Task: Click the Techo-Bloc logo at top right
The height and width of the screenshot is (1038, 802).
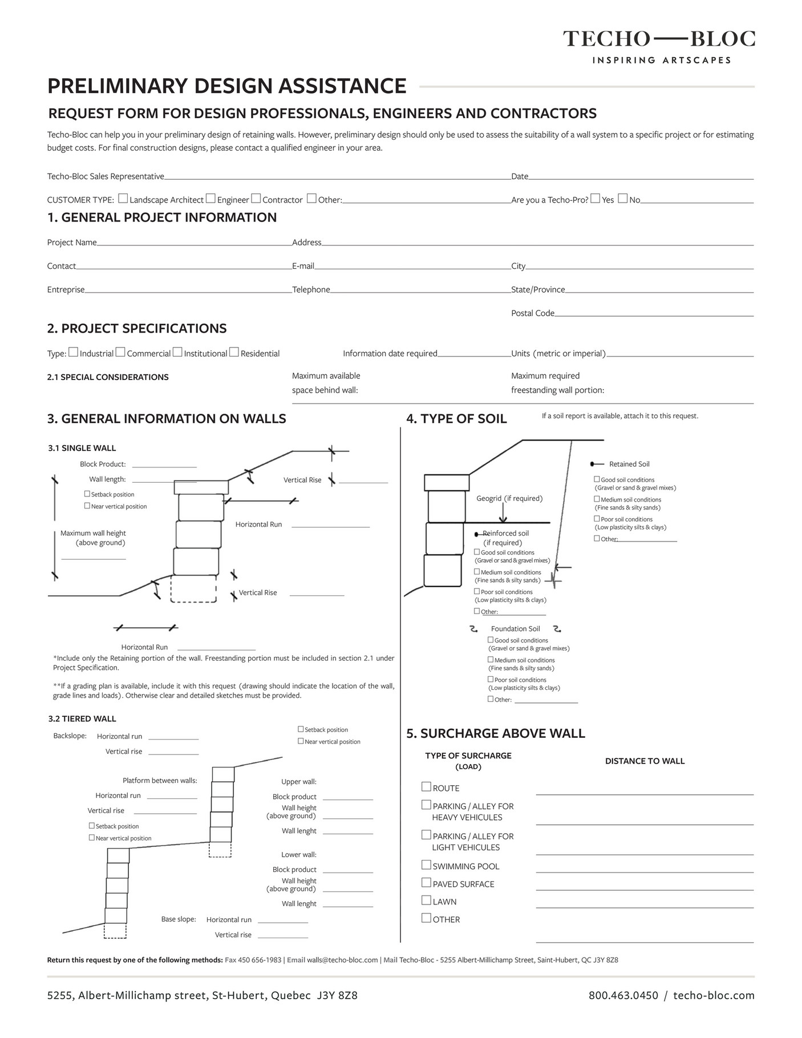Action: [659, 46]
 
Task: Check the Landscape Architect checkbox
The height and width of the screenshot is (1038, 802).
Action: [123, 199]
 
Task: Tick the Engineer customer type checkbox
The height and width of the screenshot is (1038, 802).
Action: [210, 199]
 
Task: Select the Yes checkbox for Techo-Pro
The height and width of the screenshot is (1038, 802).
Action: [596, 199]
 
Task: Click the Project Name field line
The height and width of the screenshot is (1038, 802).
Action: [194, 243]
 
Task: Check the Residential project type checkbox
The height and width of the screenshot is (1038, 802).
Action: [234, 353]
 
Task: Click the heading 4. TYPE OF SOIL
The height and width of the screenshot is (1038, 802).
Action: [456, 419]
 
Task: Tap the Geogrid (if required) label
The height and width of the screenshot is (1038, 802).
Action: [509, 498]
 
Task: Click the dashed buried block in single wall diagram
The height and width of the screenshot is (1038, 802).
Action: [193, 588]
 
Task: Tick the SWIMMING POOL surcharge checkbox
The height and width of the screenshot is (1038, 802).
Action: [426, 865]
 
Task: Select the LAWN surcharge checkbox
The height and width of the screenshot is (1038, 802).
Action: [426, 900]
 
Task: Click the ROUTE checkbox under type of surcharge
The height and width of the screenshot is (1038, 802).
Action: [426, 787]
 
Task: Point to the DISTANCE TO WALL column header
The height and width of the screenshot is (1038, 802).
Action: [645, 761]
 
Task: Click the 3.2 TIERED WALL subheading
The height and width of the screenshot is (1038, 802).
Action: [82, 719]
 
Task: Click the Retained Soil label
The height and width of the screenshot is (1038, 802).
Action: [629, 464]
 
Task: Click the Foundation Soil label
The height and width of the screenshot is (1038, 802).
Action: [515, 629]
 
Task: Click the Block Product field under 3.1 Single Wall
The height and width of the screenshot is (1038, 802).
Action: [164, 465]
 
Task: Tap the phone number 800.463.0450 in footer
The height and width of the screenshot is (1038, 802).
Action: [623, 996]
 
